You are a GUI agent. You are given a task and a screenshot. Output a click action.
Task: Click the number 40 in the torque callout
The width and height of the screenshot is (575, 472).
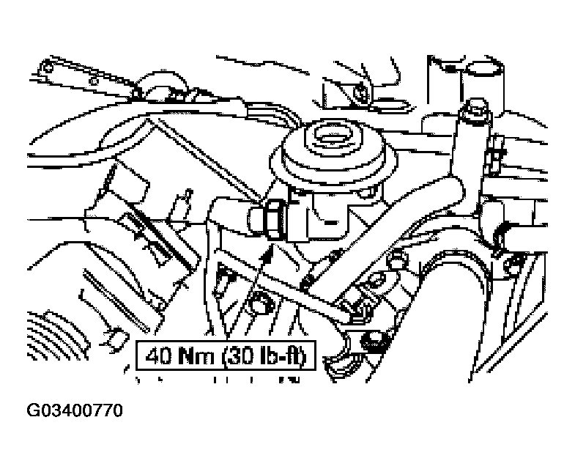tap(159, 355)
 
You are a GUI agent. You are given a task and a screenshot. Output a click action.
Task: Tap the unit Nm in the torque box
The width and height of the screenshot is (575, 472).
tap(196, 355)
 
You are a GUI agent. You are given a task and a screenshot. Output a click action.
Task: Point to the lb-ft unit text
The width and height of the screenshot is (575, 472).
tap(281, 355)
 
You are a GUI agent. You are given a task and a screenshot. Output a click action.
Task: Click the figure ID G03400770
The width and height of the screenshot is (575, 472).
tap(75, 410)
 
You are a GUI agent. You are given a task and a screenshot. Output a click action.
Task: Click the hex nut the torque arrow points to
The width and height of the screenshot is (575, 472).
tap(274, 219)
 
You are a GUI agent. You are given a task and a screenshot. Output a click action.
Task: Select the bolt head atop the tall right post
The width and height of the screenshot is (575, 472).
tap(476, 107)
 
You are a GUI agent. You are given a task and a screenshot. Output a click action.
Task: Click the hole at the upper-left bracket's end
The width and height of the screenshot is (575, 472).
tap(48, 67)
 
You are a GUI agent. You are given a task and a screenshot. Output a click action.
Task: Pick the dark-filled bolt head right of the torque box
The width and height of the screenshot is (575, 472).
tap(373, 342)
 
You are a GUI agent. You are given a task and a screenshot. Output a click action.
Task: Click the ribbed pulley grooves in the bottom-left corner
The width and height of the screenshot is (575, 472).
tap(55, 334)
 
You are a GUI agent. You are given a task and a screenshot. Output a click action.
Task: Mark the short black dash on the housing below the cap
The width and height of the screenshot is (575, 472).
tap(332, 222)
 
